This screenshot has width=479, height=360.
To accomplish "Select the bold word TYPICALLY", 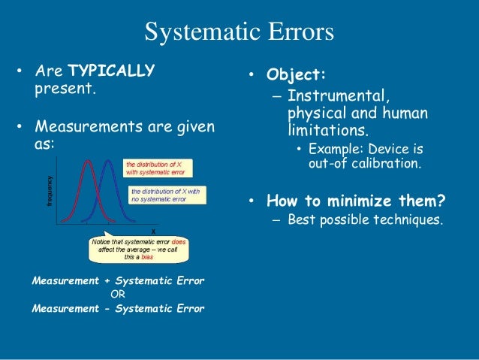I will pyautogui.click(x=111, y=71).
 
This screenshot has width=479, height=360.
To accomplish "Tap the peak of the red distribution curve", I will pyautogui.click(x=88, y=160).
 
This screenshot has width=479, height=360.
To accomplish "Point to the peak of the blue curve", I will pyautogui.click(x=108, y=160).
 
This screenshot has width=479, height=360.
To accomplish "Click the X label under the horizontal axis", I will pyautogui.click(x=153, y=230).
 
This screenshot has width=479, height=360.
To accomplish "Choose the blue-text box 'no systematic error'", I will pyautogui.click(x=167, y=196).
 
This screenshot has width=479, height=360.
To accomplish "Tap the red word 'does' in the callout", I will pyautogui.click(x=179, y=242).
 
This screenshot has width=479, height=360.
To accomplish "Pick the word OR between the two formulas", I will pyautogui.click(x=118, y=294).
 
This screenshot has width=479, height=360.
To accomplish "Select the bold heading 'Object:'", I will pyautogui.click(x=297, y=76).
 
